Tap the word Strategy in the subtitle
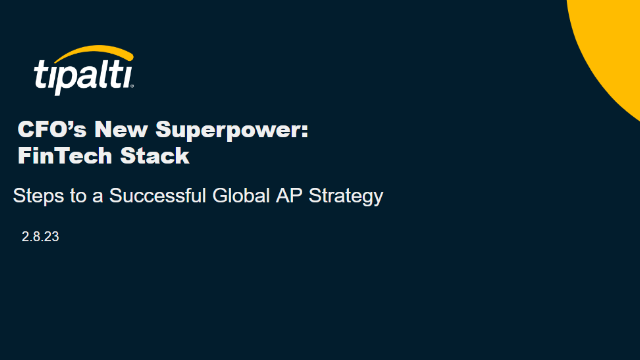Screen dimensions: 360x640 (x=345, y=197)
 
